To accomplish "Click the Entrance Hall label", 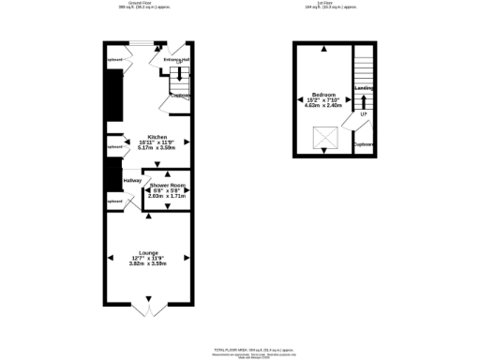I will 176,60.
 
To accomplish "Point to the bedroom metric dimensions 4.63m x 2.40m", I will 324,107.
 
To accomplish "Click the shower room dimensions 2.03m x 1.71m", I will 167,196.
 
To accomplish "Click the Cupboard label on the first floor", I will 364,144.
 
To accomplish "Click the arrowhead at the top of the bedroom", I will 324,49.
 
